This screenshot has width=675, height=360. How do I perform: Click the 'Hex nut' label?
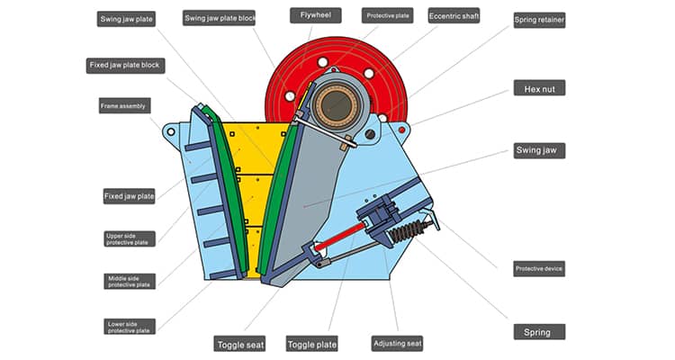click(x=539, y=88)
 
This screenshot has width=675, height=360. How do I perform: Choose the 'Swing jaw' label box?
click(x=539, y=150)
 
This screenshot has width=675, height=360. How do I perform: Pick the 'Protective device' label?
click(x=539, y=268)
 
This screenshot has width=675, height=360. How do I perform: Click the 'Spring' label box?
click(x=539, y=331)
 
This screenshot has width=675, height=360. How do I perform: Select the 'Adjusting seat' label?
click(x=397, y=343)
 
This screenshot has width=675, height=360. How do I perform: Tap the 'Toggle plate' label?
click(x=312, y=343)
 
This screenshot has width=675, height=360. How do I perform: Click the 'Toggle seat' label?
click(x=239, y=343)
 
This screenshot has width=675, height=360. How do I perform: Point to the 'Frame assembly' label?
click(x=124, y=106)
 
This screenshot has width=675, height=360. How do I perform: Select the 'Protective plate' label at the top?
click(x=388, y=15)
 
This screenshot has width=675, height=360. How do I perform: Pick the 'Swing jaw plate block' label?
click(x=220, y=18)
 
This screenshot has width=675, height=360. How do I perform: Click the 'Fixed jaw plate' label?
click(x=129, y=195)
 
